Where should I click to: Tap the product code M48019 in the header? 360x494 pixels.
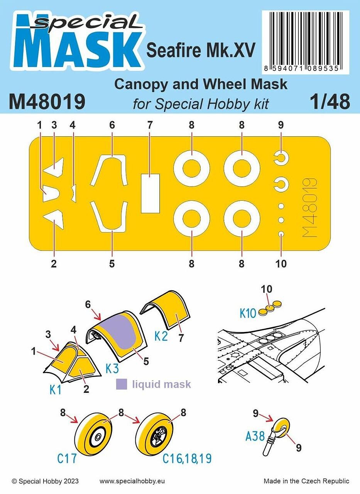coord(47,102)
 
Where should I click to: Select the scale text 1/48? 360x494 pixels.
coord(330,102)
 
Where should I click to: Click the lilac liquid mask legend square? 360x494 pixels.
coord(122,384)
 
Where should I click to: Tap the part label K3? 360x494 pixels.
coord(112,369)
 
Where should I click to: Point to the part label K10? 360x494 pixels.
coord(248,313)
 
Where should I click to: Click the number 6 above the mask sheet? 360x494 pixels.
coord(112,125)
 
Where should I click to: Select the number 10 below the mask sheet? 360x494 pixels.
coord(281,264)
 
